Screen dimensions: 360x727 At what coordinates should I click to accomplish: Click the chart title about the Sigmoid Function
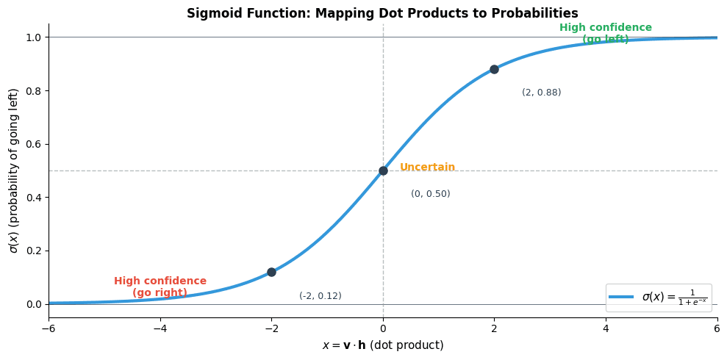[x=382, y=13]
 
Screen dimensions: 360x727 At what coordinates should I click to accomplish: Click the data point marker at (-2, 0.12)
[x=271, y=272]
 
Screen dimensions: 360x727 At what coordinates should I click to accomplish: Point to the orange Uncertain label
[x=427, y=168]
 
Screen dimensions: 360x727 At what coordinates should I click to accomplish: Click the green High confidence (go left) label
[x=605, y=33]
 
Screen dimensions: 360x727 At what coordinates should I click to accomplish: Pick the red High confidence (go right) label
[x=160, y=287]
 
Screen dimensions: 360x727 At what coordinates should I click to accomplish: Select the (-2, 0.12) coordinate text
[x=320, y=296]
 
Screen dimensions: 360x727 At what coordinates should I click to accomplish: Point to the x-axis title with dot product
[x=382, y=345]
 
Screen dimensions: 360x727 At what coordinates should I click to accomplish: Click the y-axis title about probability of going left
[x=14, y=170]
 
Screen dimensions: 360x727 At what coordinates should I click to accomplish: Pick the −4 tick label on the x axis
[x=160, y=328]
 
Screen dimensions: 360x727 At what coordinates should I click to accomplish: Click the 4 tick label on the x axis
[x=606, y=328]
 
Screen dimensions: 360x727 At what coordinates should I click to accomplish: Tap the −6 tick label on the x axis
[x=49, y=328]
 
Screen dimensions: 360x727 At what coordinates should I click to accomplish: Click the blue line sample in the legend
[x=622, y=298]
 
